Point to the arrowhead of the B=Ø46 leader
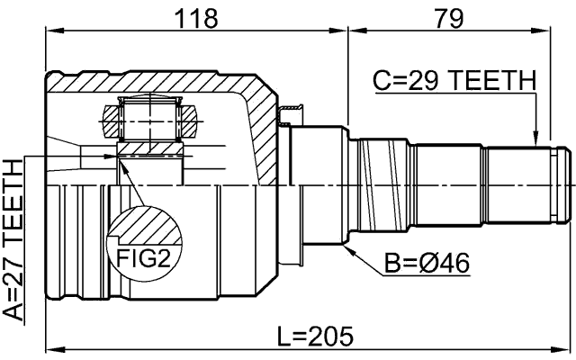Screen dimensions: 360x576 coord(346,243)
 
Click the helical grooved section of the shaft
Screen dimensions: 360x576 coord(378,184)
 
